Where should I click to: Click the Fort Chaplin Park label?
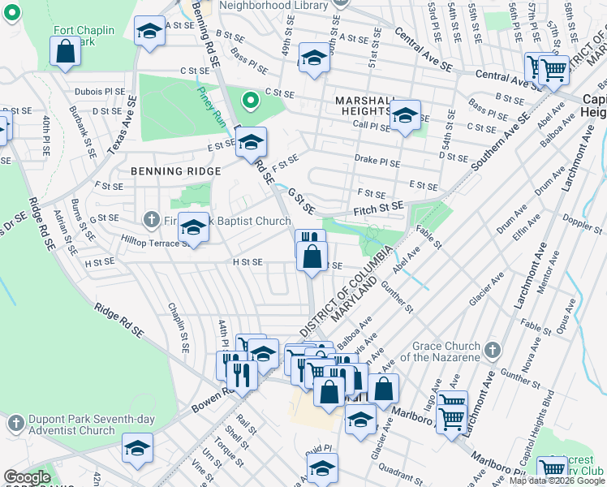(x=84, y=36)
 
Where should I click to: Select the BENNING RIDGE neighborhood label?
(x=175, y=171)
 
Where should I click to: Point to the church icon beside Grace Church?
(x=491, y=350)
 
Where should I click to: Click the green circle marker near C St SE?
(x=251, y=101)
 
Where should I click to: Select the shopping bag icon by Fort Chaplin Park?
(x=65, y=50)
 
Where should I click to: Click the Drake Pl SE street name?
(x=377, y=162)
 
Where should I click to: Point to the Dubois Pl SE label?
(x=100, y=92)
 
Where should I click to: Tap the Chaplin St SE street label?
(x=177, y=328)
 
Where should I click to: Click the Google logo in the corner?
(x=28, y=477)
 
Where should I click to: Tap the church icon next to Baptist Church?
(x=150, y=219)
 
